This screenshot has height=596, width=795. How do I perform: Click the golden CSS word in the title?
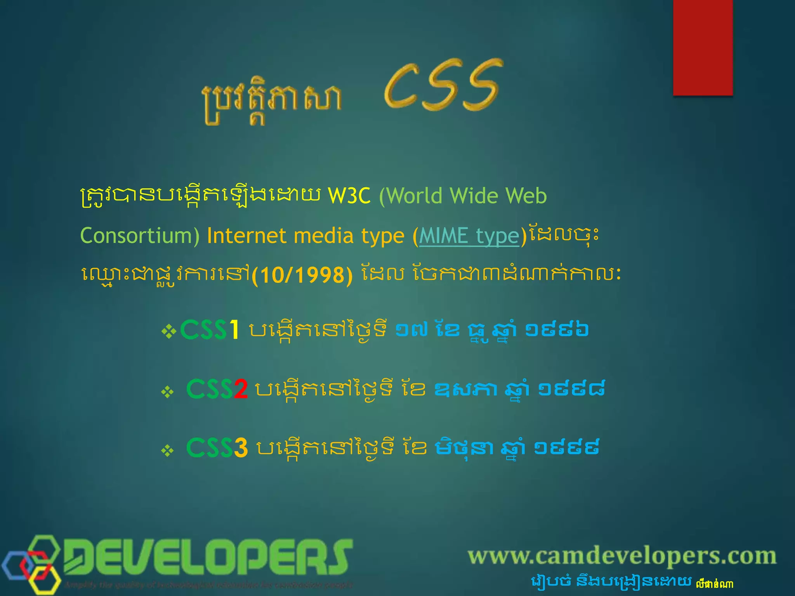tap(443, 85)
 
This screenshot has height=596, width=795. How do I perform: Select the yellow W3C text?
tap(349, 196)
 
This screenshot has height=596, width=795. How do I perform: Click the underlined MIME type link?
tap(469, 236)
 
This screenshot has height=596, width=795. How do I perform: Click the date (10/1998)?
tap(302, 275)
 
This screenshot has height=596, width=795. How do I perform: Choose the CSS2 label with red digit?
tap(217, 389)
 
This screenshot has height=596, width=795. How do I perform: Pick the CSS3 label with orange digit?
tap(217, 448)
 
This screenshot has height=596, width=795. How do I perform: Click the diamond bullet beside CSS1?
tap(169, 332)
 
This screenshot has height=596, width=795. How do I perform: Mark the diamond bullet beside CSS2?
tap(167, 392)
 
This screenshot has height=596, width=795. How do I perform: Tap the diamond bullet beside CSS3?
tap(167, 451)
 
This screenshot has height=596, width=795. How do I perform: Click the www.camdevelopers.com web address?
tap(622, 556)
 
